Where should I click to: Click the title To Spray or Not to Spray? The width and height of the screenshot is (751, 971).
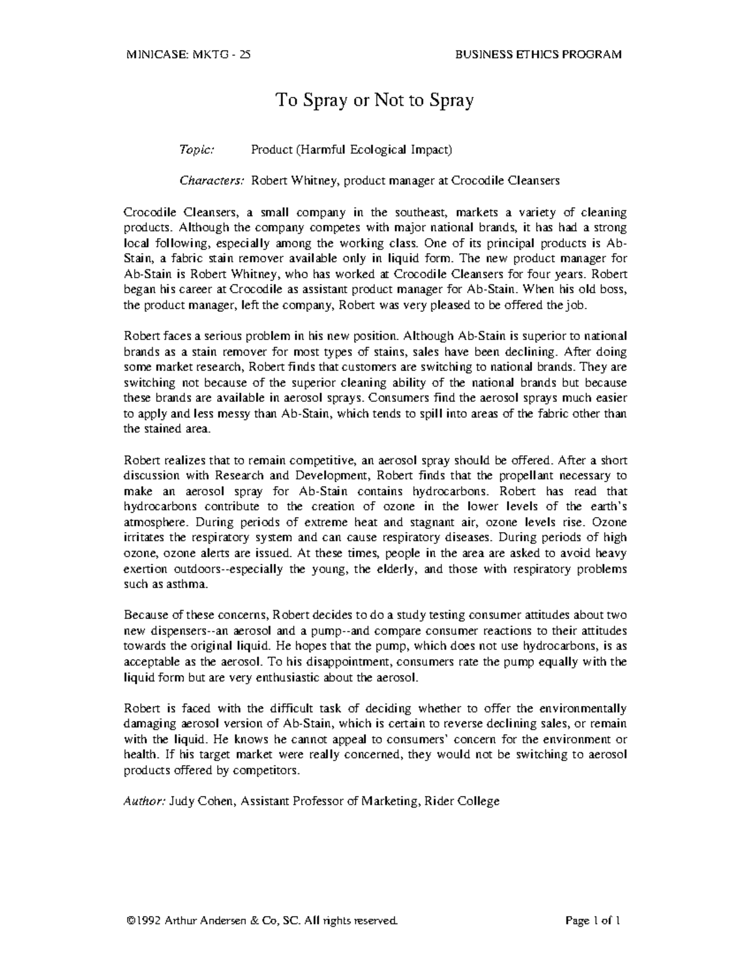pyautogui.click(x=375, y=100)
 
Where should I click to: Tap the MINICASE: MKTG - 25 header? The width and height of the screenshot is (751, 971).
pyautogui.click(x=188, y=54)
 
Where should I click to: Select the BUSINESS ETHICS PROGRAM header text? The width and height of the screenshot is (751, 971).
pyautogui.click(x=539, y=54)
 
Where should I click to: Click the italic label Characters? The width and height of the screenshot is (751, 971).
pyautogui.click(x=212, y=181)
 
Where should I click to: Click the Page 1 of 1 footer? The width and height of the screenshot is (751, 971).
pyautogui.click(x=592, y=921)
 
